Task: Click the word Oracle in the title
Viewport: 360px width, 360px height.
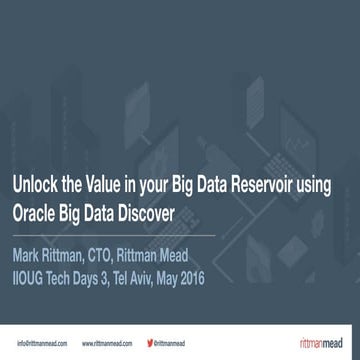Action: [34, 212]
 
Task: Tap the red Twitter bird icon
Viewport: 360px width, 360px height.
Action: [150, 343]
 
